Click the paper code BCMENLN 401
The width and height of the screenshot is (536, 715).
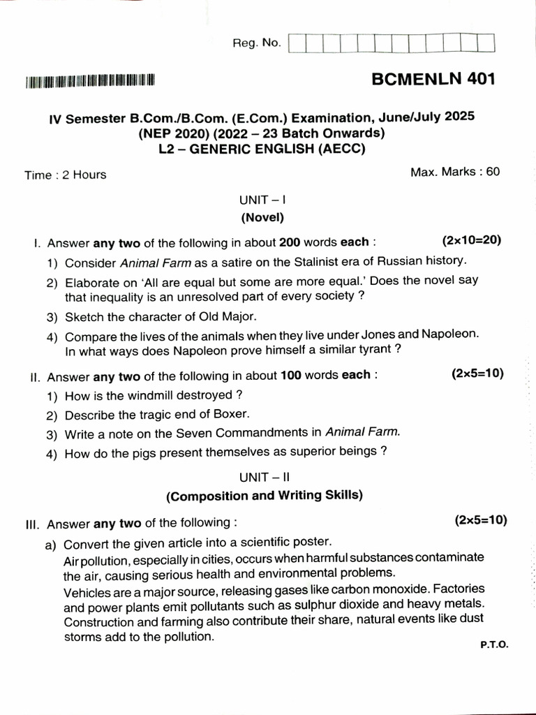(433, 78)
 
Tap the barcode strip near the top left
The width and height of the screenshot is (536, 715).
(90, 82)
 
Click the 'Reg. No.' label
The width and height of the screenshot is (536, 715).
(257, 43)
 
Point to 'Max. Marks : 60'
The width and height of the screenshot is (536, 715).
(455, 171)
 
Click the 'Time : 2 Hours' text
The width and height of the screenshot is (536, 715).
(66, 175)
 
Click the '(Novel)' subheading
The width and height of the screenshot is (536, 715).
(262, 217)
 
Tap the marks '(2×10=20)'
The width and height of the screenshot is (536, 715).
(472, 241)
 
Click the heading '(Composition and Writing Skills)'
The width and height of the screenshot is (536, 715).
(265, 496)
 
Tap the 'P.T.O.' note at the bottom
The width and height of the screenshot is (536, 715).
(494, 646)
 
